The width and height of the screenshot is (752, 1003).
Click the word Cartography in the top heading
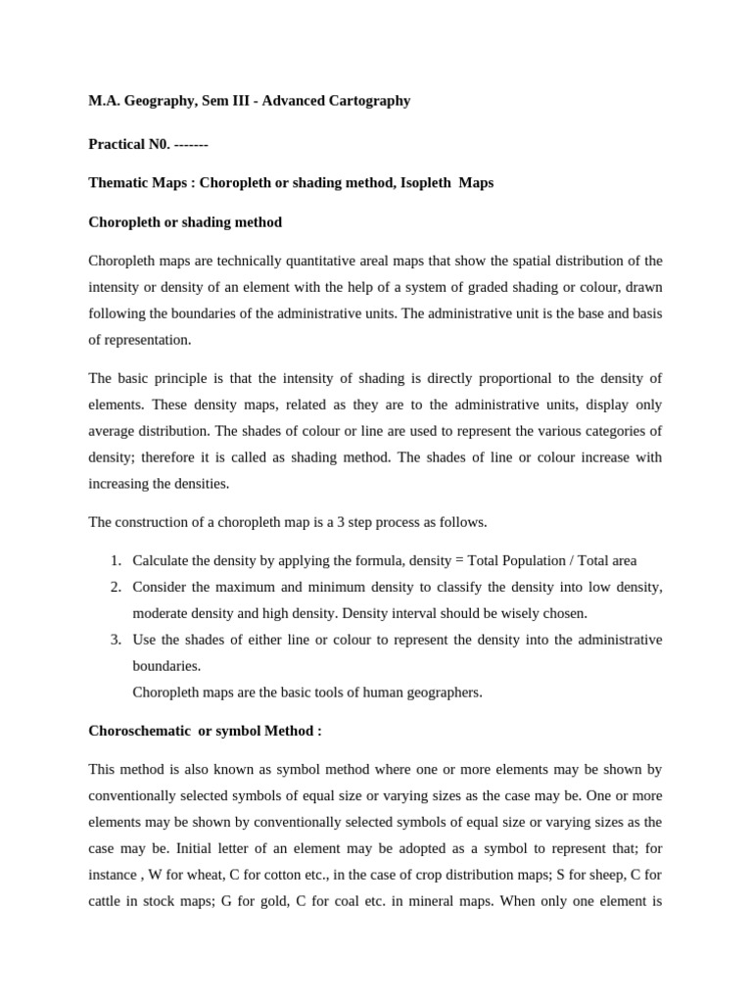pyautogui.click(x=370, y=101)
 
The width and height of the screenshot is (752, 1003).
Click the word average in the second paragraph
pyautogui.click(x=115, y=431)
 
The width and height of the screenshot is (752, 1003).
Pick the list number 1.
pyautogui.click(x=115, y=560)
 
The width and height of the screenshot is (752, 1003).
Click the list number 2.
pyautogui.click(x=115, y=587)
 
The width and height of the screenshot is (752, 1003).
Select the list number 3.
pyautogui.click(x=115, y=640)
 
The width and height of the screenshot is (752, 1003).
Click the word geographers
pyautogui.click(x=442, y=693)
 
